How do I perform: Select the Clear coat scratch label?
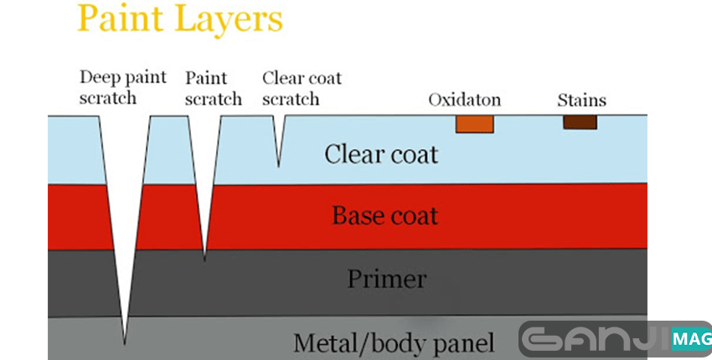[x=302, y=88]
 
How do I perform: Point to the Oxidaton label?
[x=464, y=100]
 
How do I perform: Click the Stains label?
[x=581, y=100]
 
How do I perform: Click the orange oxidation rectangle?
[x=474, y=123]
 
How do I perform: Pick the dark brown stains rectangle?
[x=580, y=121]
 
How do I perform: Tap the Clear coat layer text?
[x=381, y=155]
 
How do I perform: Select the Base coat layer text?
[x=385, y=215]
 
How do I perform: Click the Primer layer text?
[x=387, y=279]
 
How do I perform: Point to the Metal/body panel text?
[x=394, y=343]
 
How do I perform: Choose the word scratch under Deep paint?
[x=108, y=99]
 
